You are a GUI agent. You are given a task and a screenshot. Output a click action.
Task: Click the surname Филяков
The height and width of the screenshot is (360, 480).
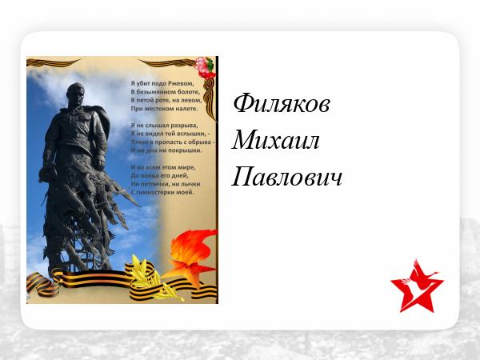click(282, 103)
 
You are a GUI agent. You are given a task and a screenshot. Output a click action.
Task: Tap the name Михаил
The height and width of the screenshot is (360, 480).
click(276, 140)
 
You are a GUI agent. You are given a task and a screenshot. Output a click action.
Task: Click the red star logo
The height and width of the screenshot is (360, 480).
click(417, 286)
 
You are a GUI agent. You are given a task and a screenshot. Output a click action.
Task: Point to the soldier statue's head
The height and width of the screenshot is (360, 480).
click(75, 94)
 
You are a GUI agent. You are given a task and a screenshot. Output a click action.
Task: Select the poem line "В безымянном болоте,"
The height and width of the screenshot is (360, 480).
click(166, 91)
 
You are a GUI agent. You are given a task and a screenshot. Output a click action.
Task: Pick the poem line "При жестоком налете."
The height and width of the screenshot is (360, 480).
click(164, 108)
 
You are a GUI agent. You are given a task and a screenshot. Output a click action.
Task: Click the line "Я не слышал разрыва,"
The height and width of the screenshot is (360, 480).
click(164, 126)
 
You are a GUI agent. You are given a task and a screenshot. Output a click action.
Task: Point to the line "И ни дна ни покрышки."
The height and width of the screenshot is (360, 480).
click(166, 150)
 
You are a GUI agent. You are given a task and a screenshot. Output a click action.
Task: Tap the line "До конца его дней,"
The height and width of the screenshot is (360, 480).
click(159, 175)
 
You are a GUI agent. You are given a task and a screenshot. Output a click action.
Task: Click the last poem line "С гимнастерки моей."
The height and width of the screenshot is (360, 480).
click(162, 192)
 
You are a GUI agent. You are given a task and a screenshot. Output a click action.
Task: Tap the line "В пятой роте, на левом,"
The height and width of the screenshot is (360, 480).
click(166, 100)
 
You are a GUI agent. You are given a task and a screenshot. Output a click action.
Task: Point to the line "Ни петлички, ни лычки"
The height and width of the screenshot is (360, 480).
click(166, 184)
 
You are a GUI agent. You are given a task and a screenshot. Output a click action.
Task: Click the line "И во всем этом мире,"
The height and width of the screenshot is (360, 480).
click(163, 167)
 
